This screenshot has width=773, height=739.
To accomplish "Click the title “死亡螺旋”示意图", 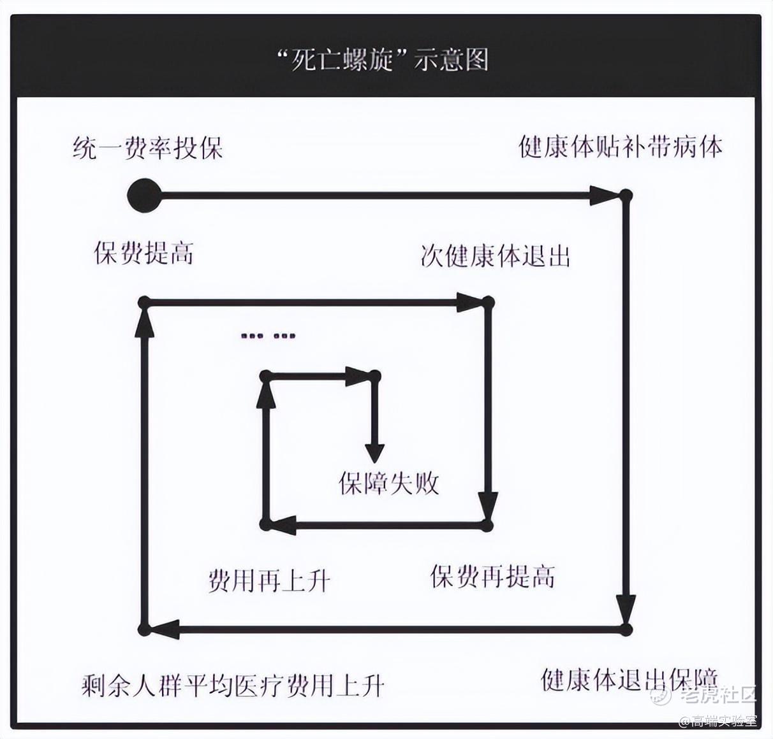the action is click(383, 61).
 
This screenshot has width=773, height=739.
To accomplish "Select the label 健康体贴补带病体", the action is click(620, 147).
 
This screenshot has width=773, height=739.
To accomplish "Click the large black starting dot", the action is click(144, 195).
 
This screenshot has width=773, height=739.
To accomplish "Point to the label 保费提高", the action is click(144, 253).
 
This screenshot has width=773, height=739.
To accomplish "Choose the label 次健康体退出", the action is click(495, 256).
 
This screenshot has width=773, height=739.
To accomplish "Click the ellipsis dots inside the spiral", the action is click(269, 336).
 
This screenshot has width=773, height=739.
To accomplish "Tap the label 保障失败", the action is click(389, 484).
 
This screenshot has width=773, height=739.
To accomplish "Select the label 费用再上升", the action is click(269, 582).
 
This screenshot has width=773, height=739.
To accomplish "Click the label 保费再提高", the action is click(492, 577).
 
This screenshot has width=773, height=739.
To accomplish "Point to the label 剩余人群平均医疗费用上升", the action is click(233, 685).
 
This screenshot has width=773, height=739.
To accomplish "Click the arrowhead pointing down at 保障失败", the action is click(374, 453).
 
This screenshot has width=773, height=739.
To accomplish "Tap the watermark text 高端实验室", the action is click(723, 721).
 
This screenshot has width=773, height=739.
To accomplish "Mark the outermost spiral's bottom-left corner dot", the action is click(144, 629).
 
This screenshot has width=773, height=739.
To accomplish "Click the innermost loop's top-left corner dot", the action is click(266, 375).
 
